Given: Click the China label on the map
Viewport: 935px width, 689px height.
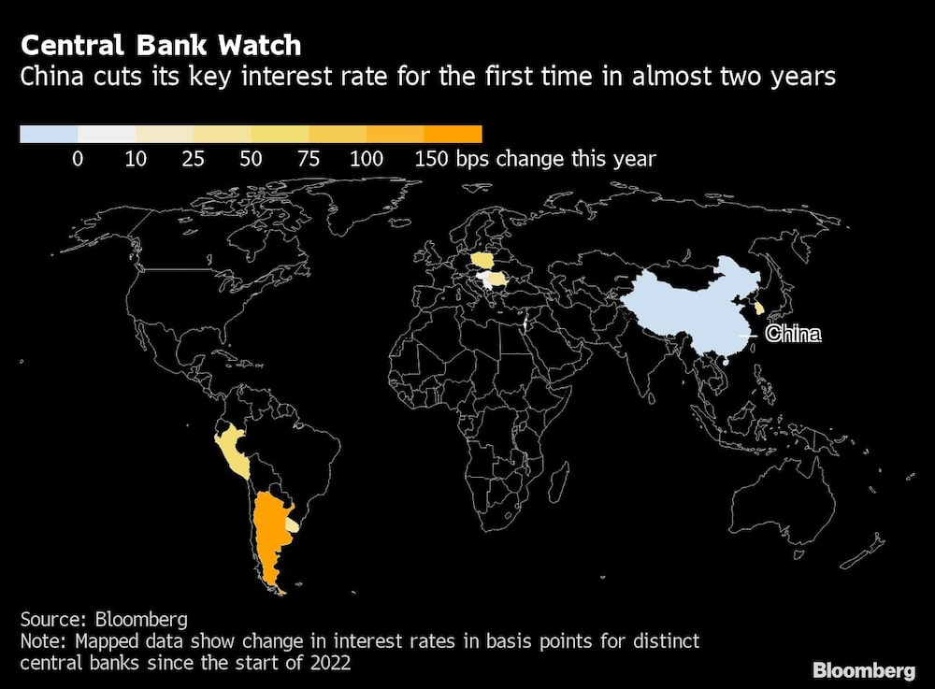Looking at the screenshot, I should [793, 334].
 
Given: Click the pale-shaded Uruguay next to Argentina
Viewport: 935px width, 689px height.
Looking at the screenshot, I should [293, 527].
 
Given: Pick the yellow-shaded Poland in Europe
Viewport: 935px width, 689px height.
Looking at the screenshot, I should [486, 259].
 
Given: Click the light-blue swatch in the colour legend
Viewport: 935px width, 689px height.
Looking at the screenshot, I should [49, 134].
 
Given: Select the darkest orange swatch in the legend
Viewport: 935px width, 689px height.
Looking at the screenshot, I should [453, 134].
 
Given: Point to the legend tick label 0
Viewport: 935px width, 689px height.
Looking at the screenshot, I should [78, 159].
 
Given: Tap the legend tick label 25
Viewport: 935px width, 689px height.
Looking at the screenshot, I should [193, 159].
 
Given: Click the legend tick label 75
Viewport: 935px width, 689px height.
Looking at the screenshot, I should [309, 159].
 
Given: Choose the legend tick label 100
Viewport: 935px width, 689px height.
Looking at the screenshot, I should [366, 159].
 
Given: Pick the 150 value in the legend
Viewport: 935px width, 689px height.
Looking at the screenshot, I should [431, 159].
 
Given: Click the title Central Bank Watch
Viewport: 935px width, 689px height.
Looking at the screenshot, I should [161, 45].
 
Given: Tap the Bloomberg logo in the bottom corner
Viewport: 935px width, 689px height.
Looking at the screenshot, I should [864, 669].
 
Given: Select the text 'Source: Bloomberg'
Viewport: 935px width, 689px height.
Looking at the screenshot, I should [103, 619].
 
